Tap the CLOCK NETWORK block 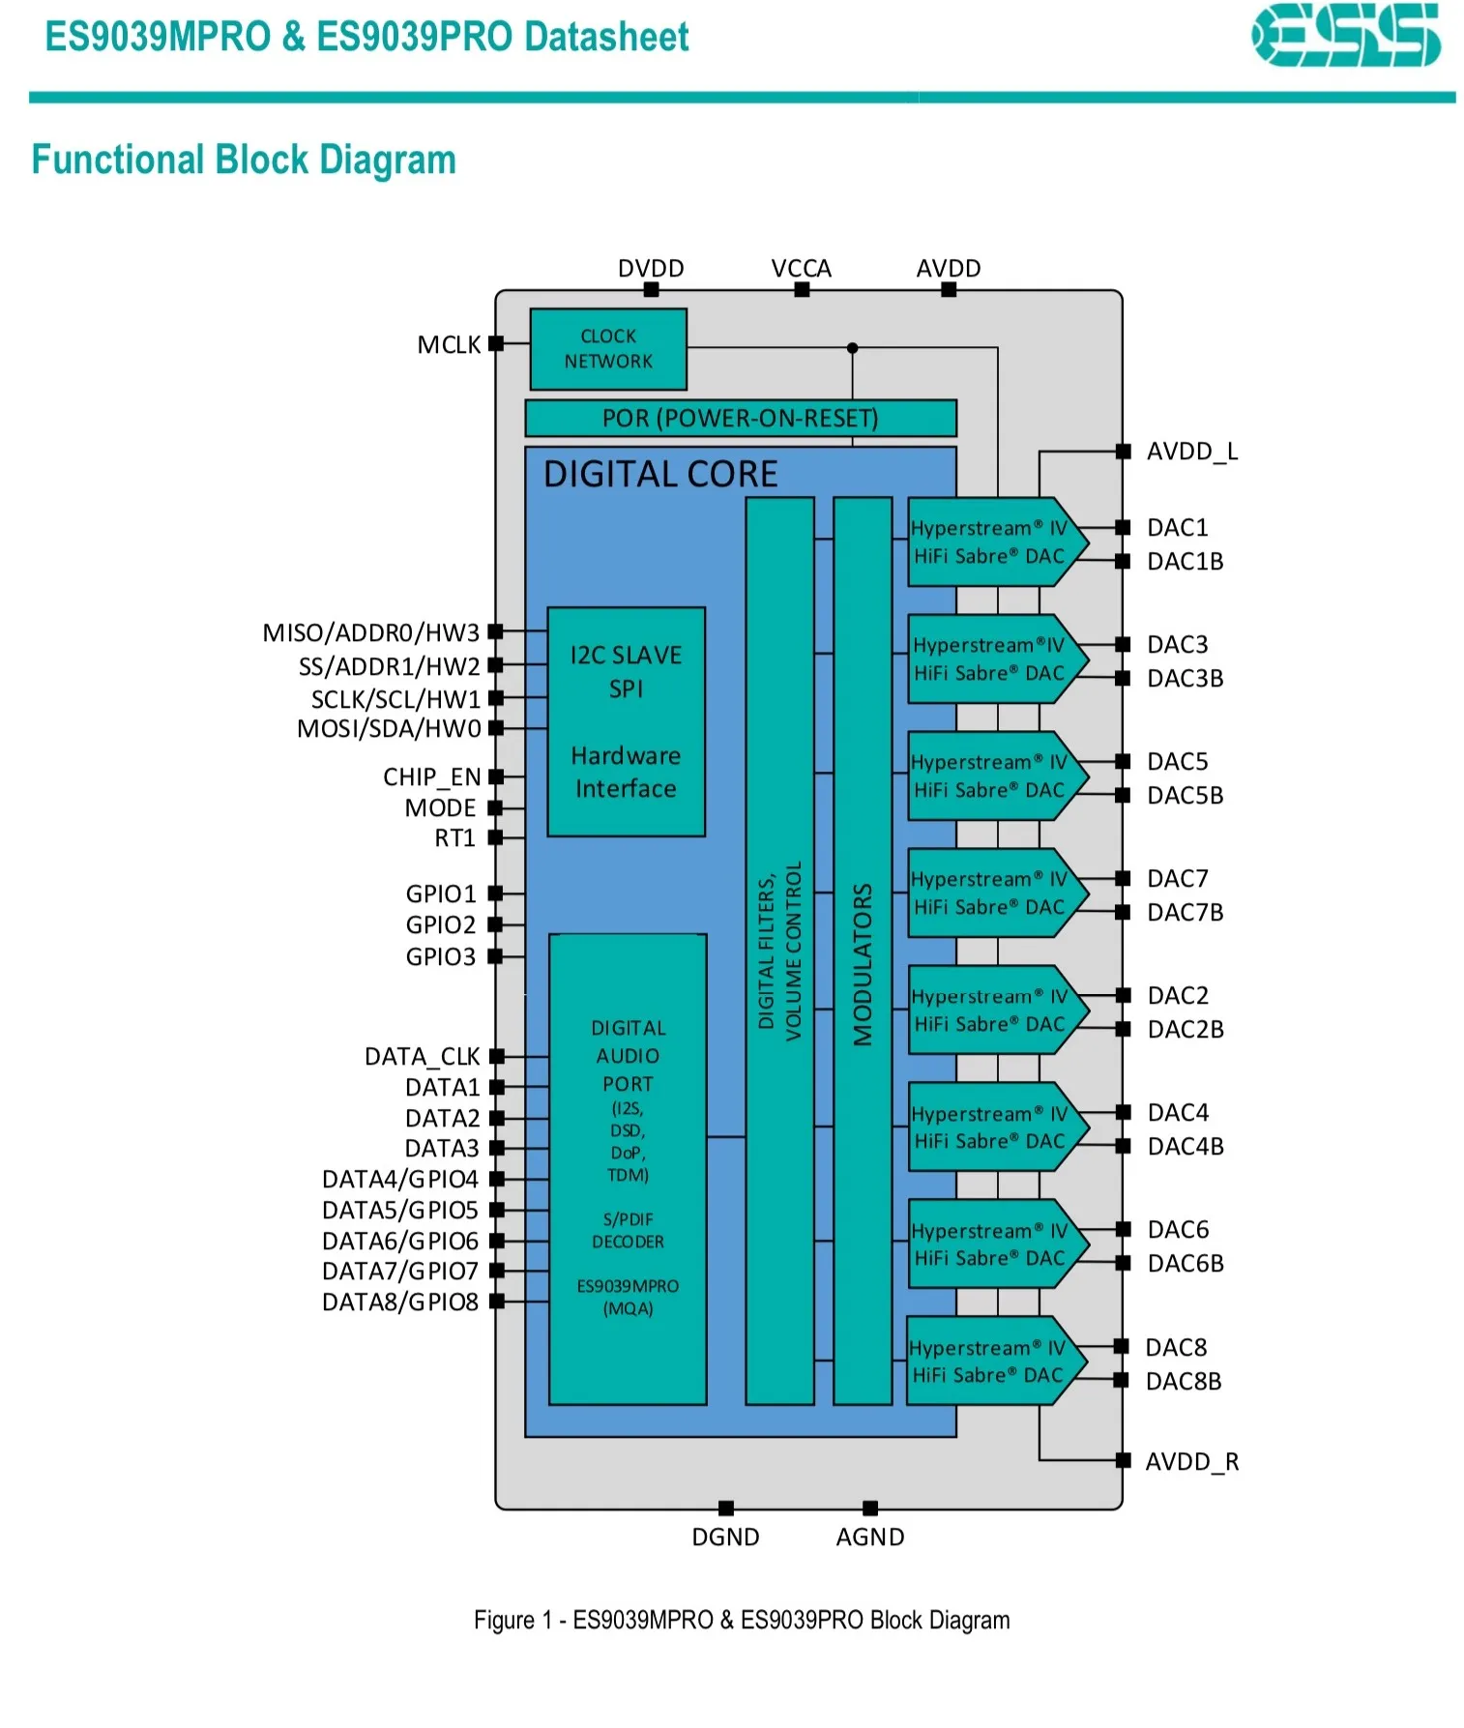click(x=608, y=349)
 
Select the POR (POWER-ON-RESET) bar click(x=741, y=418)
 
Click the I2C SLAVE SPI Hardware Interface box click(x=626, y=721)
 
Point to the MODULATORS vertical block click(x=863, y=951)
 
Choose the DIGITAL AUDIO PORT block click(x=628, y=1169)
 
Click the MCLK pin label click(x=449, y=345)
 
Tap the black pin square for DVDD click(x=651, y=289)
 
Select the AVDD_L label click(x=1192, y=452)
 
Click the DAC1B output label click(x=1186, y=562)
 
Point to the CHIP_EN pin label click(x=431, y=777)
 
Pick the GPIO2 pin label click(x=441, y=925)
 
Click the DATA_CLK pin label click(x=423, y=1057)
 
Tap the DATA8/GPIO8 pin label click(x=400, y=1303)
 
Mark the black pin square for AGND click(x=870, y=1508)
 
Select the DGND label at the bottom click(x=725, y=1538)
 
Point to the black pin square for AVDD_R click(x=1123, y=1460)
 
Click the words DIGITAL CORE click(x=660, y=474)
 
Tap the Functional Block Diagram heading click(x=244, y=160)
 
